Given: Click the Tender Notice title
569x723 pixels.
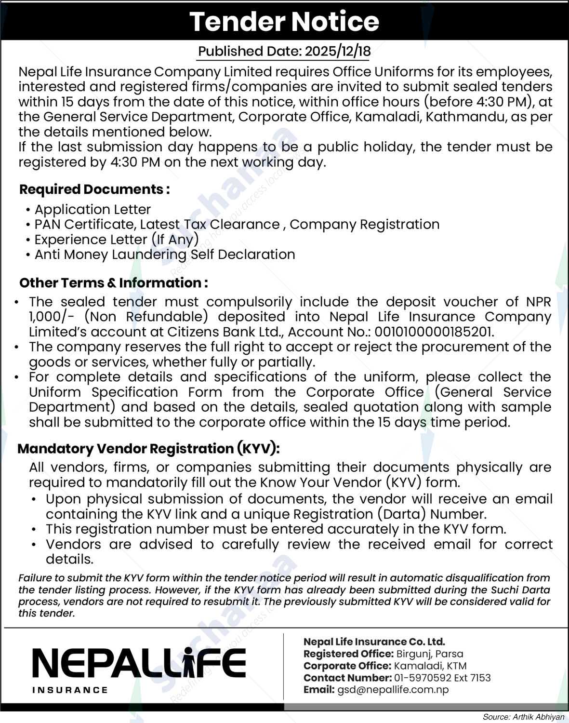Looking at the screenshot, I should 284,22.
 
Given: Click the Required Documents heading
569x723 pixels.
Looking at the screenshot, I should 94,189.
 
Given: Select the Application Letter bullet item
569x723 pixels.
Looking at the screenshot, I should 93,210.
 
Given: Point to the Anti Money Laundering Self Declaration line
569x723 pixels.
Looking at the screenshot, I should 164,254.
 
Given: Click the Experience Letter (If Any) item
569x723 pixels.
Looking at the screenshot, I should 116,240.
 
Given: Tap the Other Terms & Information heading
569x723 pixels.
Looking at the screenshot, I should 113,283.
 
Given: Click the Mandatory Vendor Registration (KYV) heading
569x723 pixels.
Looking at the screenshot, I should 148,449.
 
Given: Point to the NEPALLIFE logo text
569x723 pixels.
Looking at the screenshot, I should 139,663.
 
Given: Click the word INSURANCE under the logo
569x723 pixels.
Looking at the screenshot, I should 70,690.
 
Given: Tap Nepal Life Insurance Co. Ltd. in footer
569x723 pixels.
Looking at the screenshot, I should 374,642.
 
